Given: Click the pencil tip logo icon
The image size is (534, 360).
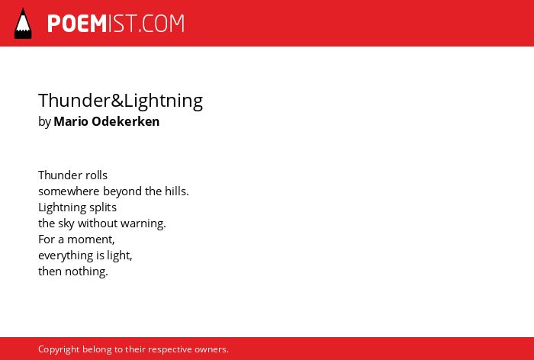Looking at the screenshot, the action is click(x=23, y=23).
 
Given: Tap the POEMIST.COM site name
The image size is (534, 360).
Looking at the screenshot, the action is click(x=116, y=24).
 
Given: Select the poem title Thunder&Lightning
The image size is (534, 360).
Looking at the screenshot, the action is click(x=121, y=101).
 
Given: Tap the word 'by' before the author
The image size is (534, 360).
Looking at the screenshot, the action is click(x=44, y=122).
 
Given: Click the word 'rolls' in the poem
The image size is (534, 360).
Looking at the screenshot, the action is click(x=97, y=175).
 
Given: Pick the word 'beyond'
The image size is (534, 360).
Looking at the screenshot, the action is click(x=122, y=191).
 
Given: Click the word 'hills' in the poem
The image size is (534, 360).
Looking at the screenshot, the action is click(x=175, y=191).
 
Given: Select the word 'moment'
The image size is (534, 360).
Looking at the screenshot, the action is click(x=90, y=239).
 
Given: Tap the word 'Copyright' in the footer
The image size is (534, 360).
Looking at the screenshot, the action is click(x=59, y=349).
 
